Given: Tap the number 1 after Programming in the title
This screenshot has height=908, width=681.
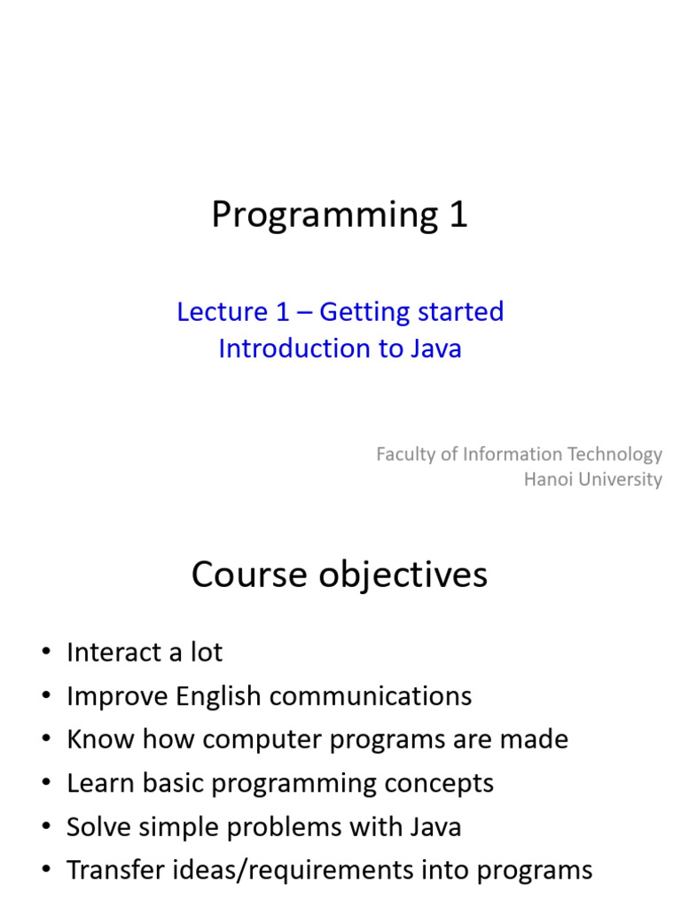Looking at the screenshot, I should (x=458, y=215).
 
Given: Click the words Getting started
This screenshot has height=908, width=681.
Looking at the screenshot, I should (x=411, y=313).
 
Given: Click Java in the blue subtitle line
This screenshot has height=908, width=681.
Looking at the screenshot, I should (x=435, y=348).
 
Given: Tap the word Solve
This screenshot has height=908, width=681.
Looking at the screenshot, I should (x=98, y=827).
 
